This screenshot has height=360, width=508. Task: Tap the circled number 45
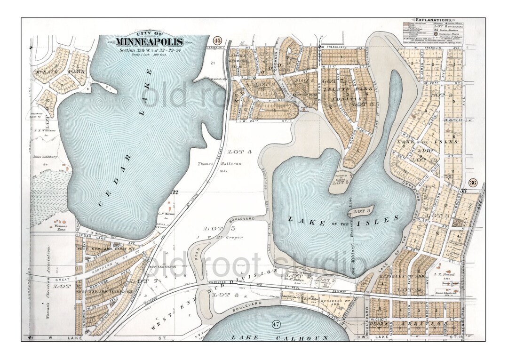[x=217, y=40]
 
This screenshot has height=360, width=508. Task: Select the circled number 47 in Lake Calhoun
[x=276, y=324]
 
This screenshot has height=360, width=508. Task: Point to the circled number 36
[x=473, y=183]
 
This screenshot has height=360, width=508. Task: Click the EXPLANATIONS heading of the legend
[x=432, y=21]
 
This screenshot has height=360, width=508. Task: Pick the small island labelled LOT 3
[x=362, y=210]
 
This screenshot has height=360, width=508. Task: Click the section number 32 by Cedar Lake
[x=175, y=192]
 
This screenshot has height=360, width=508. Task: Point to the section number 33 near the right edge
[x=463, y=191]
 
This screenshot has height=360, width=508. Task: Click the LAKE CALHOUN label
[x=273, y=338]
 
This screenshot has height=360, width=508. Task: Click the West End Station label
[x=163, y=267]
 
